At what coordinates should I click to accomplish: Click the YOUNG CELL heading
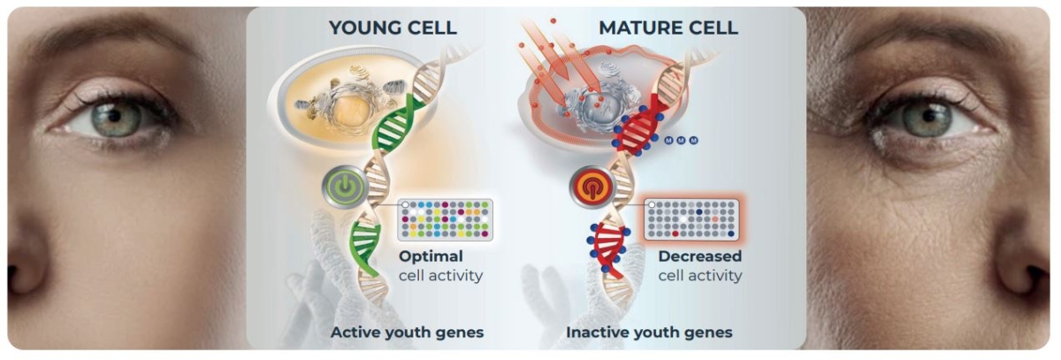(x=393, y=27)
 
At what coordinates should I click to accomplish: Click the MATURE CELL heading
(x=668, y=27)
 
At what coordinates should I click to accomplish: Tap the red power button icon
(x=589, y=188)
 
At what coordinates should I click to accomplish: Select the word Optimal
(x=431, y=257)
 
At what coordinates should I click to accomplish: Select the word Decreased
(x=699, y=257)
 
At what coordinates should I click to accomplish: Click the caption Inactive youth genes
(x=649, y=333)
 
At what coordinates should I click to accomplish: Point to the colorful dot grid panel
(x=445, y=219)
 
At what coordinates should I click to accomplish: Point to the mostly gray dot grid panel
(x=691, y=219)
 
